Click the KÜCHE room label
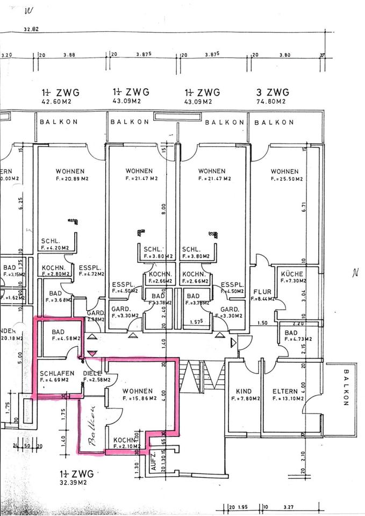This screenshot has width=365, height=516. click(x=292, y=274)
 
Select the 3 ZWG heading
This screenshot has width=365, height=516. click(x=273, y=92)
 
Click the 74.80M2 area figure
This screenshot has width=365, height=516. click(x=273, y=101)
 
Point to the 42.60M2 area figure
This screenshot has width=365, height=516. click(x=56, y=101)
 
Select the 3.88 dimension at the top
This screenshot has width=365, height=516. click(x=69, y=55)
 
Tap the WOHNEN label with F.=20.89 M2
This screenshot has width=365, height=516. click(x=70, y=171)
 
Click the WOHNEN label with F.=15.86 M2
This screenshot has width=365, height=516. click(x=137, y=391)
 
